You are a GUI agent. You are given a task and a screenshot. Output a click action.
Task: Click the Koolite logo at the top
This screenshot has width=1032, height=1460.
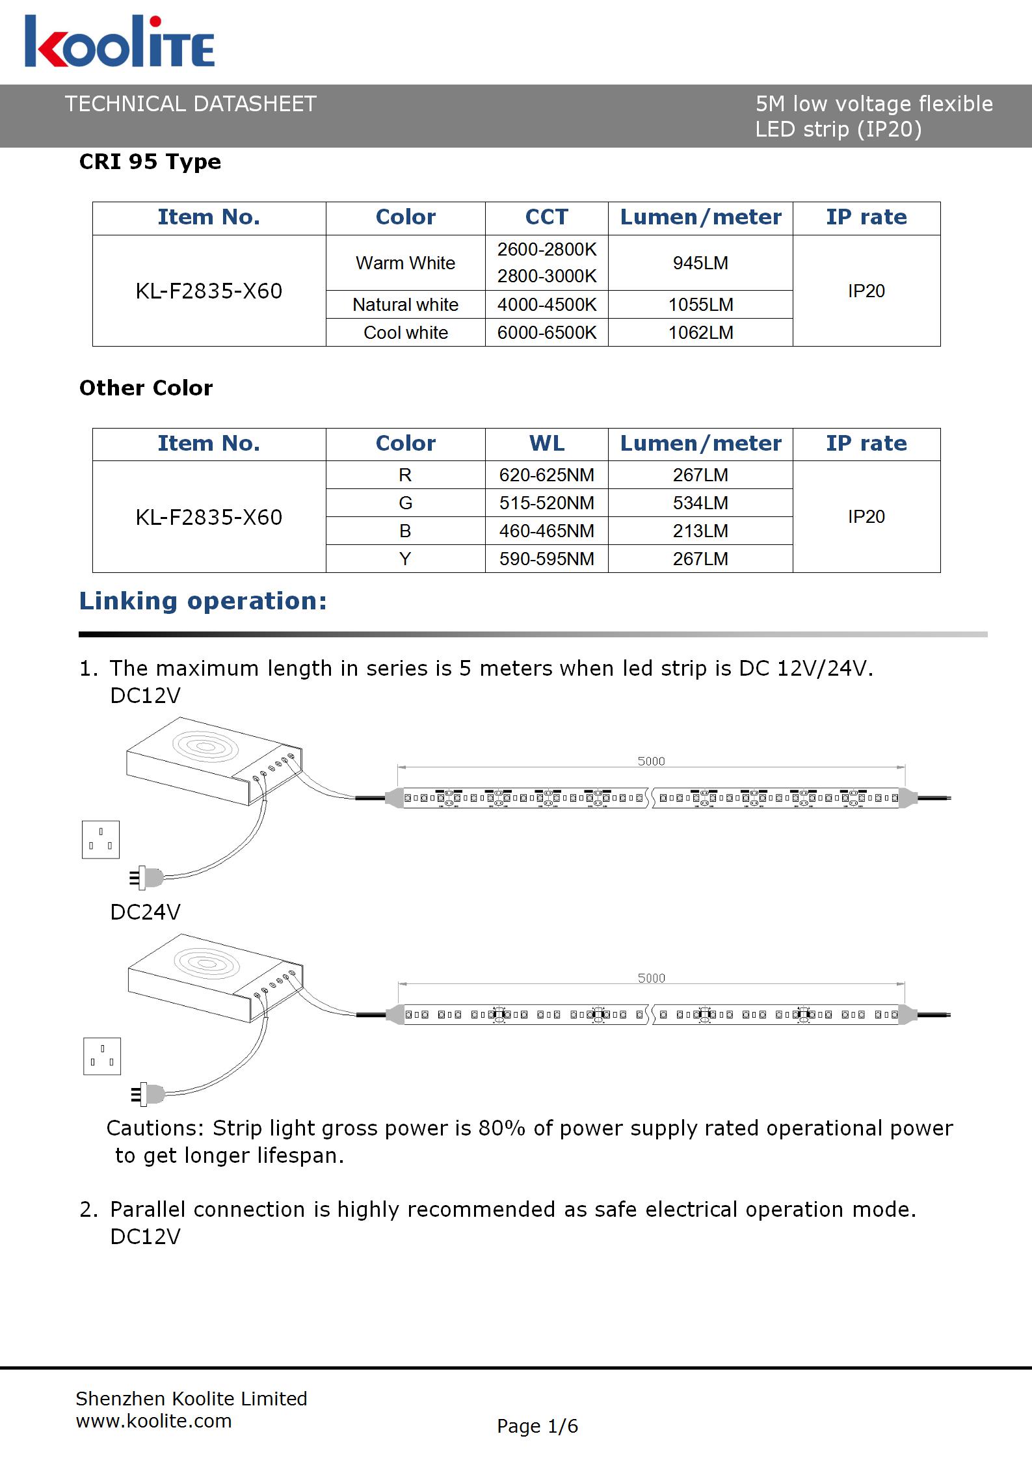(120, 42)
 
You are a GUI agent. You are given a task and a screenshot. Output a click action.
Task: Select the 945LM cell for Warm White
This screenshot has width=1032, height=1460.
(700, 263)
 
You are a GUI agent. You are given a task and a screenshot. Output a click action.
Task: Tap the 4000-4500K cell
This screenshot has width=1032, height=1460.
(547, 305)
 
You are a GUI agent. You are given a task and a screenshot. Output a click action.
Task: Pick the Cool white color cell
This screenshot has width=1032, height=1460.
(406, 333)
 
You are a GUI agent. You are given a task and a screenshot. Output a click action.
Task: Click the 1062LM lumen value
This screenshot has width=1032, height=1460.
(700, 333)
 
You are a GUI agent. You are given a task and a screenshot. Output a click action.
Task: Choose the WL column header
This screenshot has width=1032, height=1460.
(547, 444)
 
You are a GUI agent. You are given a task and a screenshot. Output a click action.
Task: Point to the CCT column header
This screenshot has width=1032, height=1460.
(547, 217)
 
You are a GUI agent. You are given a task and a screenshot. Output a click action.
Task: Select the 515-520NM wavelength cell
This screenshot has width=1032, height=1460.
(547, 503)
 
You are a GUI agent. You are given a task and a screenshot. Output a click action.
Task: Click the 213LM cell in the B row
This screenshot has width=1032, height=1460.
(700, 531)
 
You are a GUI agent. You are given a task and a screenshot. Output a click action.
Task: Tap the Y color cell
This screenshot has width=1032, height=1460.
(405, 559)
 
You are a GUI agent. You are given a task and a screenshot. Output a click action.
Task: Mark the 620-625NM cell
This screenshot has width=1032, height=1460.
(547, 475)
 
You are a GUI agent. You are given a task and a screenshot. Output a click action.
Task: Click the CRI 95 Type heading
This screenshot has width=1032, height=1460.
(150, 162)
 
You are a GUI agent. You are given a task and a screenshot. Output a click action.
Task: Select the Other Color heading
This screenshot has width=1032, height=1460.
(146, 388)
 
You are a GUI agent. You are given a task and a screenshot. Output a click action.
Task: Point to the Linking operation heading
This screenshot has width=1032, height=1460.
(203, 602)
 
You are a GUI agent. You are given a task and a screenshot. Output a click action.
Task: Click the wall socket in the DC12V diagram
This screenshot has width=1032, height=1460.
(101, 840)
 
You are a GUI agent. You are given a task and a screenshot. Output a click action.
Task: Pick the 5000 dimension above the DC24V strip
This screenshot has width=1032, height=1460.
(651, 978)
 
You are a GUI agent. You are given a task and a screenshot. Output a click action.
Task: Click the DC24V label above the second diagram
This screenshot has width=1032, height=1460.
(146, 912)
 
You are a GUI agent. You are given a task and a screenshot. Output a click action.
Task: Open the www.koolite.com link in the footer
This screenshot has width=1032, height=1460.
(154, 1421)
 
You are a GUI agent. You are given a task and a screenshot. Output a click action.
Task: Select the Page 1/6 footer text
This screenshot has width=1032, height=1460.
(537, 1426)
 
